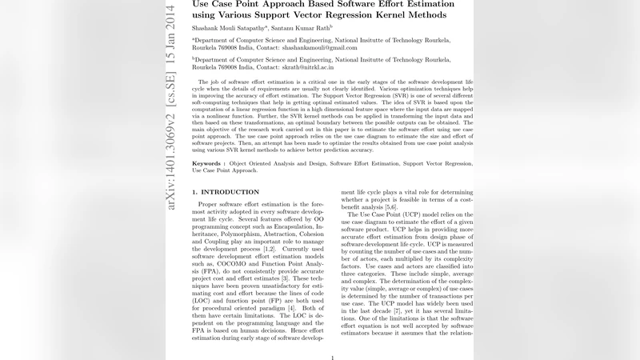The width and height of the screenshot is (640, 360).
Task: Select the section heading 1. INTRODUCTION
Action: (x=226, y=193)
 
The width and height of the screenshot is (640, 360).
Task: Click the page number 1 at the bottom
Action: (x=332, y=358)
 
